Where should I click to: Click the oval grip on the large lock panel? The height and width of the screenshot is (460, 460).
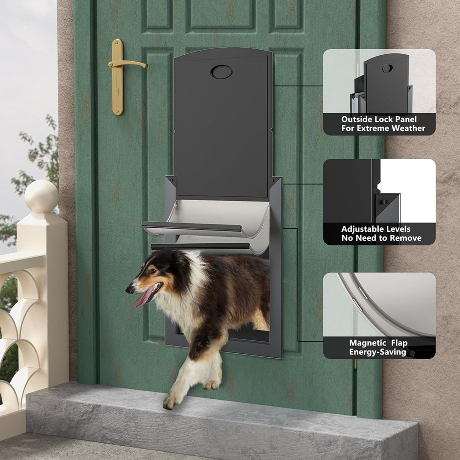(222, 72)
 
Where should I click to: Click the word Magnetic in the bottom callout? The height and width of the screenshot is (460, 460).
(368, 343)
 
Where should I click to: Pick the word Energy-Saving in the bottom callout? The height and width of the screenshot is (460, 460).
(378, 352)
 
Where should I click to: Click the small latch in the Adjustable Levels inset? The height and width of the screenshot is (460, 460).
(383, 202)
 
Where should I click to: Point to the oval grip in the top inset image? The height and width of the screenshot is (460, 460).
(387, 69)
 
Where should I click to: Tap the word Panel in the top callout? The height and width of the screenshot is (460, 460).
(405, 119)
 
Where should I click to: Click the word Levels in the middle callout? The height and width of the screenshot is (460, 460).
(397, 229)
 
